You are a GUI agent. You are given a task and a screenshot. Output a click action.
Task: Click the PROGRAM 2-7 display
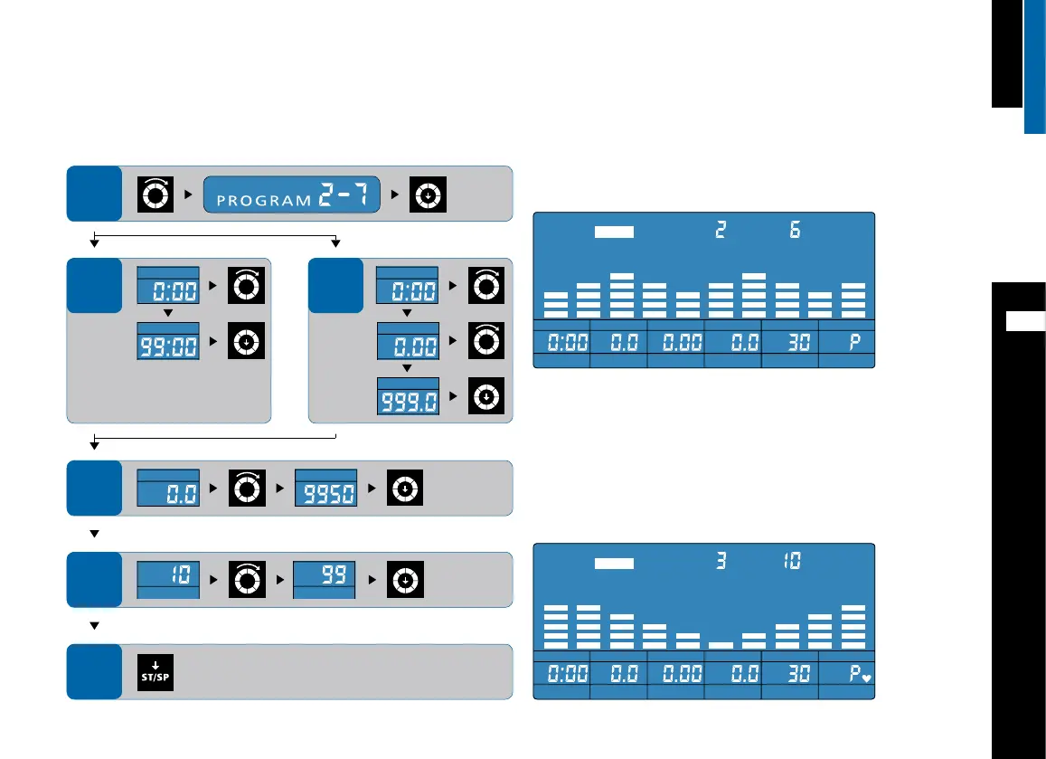point(293,195)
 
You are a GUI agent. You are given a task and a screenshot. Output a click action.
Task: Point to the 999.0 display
point(407,401)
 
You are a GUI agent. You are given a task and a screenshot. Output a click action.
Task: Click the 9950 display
point(327,493)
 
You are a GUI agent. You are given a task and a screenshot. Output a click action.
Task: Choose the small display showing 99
point(327,577)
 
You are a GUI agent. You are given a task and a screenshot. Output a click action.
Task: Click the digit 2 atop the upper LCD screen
point(720,231)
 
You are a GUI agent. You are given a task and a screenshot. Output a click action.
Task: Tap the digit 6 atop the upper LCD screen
point(794,231)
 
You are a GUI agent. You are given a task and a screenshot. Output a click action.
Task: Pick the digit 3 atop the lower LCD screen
point(721,562)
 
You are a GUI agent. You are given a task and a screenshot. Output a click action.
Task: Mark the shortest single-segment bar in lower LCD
point(721,644)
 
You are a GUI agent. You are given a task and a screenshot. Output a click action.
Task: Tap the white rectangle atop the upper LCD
point(615,232)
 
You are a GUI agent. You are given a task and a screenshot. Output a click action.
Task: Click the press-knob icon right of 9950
point(405,489)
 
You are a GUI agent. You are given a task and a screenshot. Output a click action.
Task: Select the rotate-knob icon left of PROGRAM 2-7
point(154,195)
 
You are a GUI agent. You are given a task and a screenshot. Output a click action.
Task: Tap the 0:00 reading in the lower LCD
point(562,673)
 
